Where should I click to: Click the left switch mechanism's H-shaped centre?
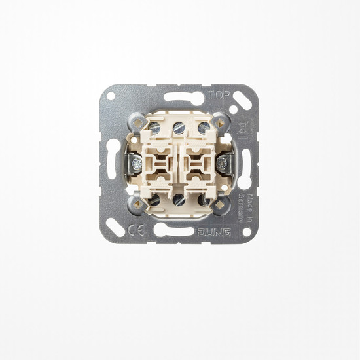[x=161, y=162]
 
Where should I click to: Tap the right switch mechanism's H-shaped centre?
[x=197, y=162]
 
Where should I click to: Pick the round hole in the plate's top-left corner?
[x=111, y=96]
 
